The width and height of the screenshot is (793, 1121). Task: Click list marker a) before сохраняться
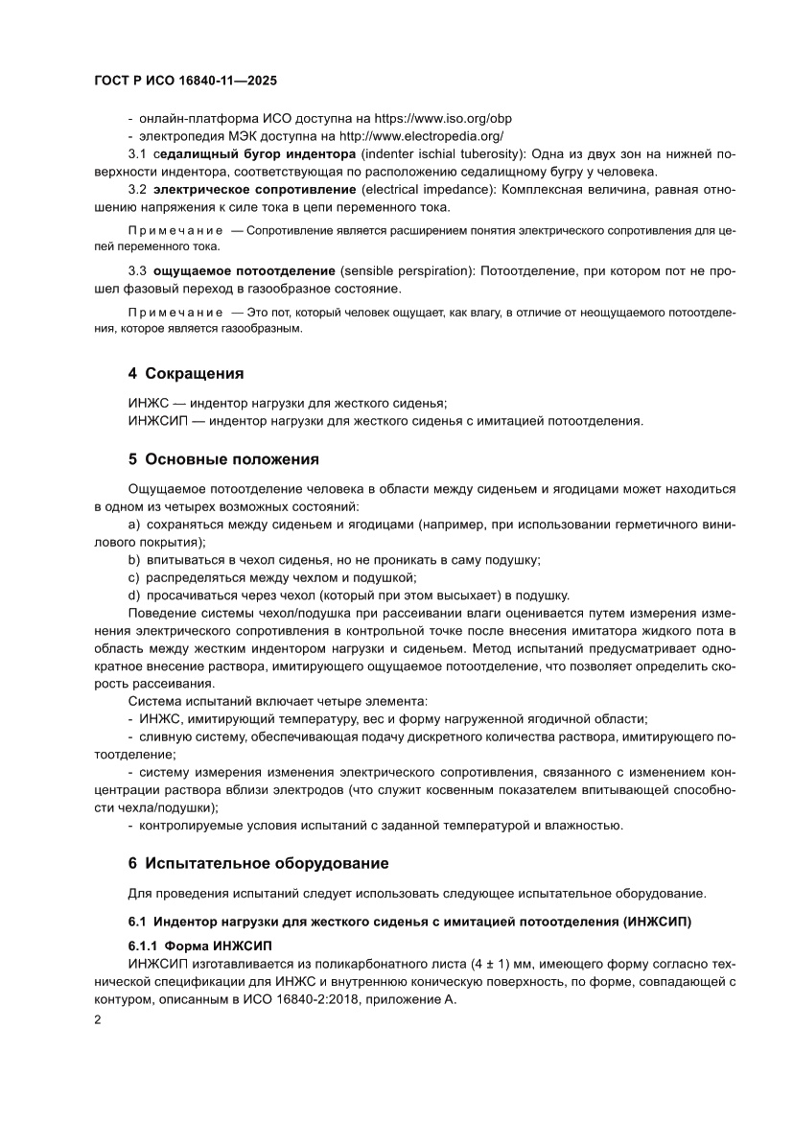134,524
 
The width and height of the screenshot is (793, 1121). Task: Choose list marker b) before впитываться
134,559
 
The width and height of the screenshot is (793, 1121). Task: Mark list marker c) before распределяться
134,576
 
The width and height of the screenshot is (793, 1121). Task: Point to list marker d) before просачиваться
134,595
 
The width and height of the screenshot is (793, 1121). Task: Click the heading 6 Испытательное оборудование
258,863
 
